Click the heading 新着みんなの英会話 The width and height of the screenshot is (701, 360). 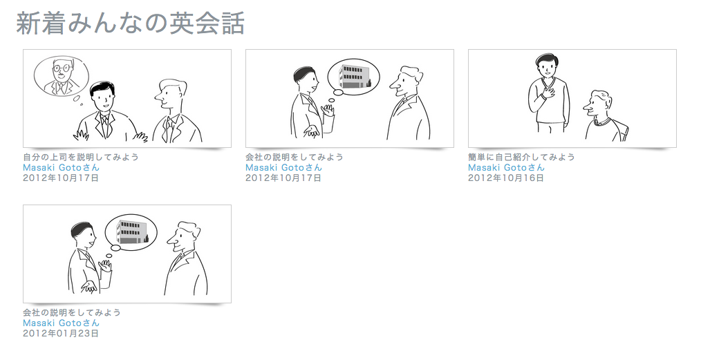click(131, 23)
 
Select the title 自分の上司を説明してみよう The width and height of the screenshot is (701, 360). click(81, 157)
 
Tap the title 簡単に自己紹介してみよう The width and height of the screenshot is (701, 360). click(521, 157)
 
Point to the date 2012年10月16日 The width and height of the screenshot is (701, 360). click(506, 178)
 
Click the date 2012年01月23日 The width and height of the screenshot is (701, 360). click(61, 333)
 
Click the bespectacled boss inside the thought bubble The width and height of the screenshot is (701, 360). click(62, 77)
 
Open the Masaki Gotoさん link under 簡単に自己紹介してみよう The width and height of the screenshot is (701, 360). click(506, 167)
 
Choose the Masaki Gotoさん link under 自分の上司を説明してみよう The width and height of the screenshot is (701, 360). click(61, 167)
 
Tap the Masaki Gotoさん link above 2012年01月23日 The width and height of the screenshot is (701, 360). click(61, 323)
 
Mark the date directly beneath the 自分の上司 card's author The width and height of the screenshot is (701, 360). click(61, 178)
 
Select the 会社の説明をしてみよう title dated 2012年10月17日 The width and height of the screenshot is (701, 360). click(295, 157)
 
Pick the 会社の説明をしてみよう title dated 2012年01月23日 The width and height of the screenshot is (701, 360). click(72, 312)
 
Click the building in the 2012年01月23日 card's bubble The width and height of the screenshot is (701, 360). click(131, 231)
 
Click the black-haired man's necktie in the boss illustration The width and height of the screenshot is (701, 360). click(104, 126)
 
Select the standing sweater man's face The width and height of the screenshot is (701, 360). click(548, 68)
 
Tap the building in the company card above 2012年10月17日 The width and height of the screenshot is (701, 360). click(354, 76)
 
